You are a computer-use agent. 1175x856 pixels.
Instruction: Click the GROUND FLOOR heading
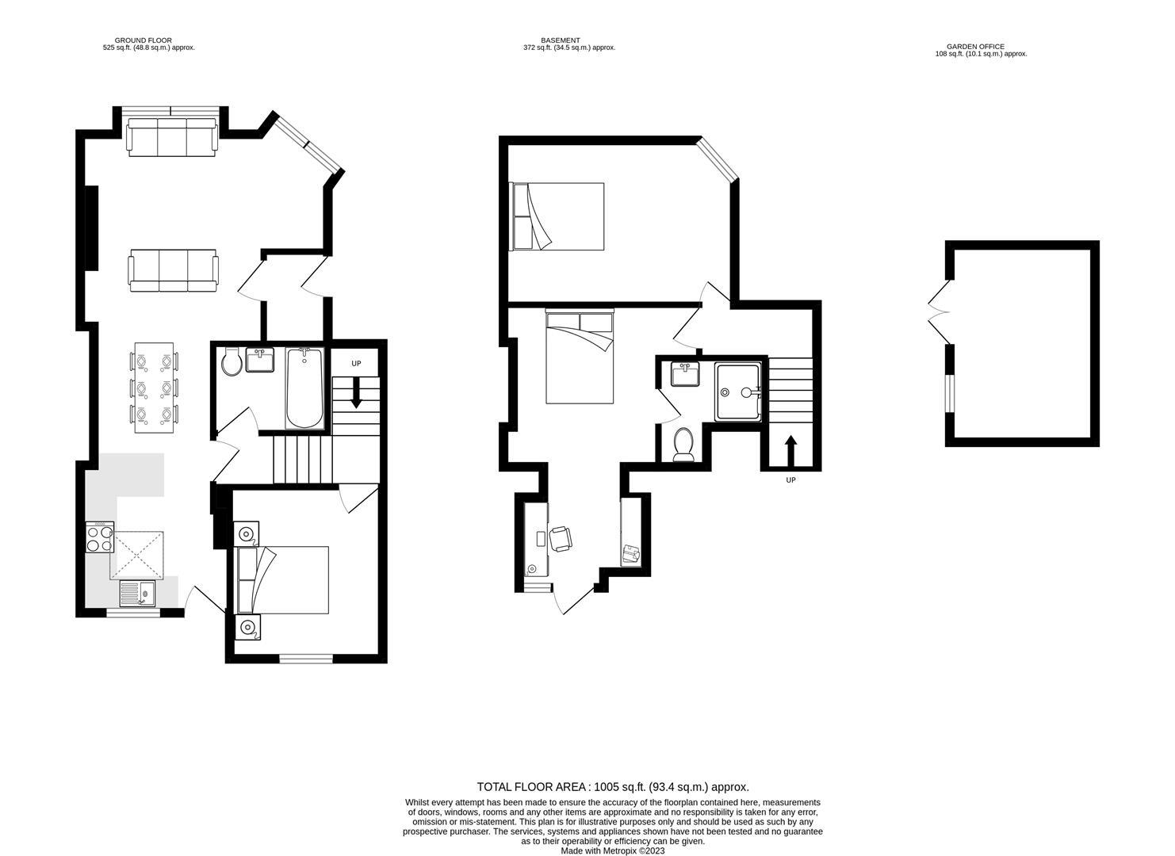tap(143, 40)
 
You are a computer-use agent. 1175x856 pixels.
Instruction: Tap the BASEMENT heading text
tap(561, 40)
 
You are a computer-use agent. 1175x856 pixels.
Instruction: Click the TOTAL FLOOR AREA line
tap(612, 787)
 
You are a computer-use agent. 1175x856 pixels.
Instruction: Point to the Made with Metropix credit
tap(612, 850)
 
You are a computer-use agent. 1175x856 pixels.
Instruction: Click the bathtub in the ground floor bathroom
tap(304, 388)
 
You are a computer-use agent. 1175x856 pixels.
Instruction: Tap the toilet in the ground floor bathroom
tap(232, 362)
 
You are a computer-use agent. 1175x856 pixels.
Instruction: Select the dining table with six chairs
tap(154, 388)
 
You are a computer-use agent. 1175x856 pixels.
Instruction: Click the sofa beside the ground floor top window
tap(171, 137)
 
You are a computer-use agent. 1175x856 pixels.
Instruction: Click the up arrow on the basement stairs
tap(790, 452)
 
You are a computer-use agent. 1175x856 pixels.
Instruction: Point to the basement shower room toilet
tap(683, 444)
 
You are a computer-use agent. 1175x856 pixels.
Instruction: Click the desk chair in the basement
tap(561, 538)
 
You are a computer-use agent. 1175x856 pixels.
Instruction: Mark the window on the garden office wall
tap(949, 394)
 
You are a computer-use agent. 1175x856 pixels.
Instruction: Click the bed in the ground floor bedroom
tap(283, 579)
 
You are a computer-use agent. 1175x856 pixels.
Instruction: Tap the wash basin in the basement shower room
tap(685, 373)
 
